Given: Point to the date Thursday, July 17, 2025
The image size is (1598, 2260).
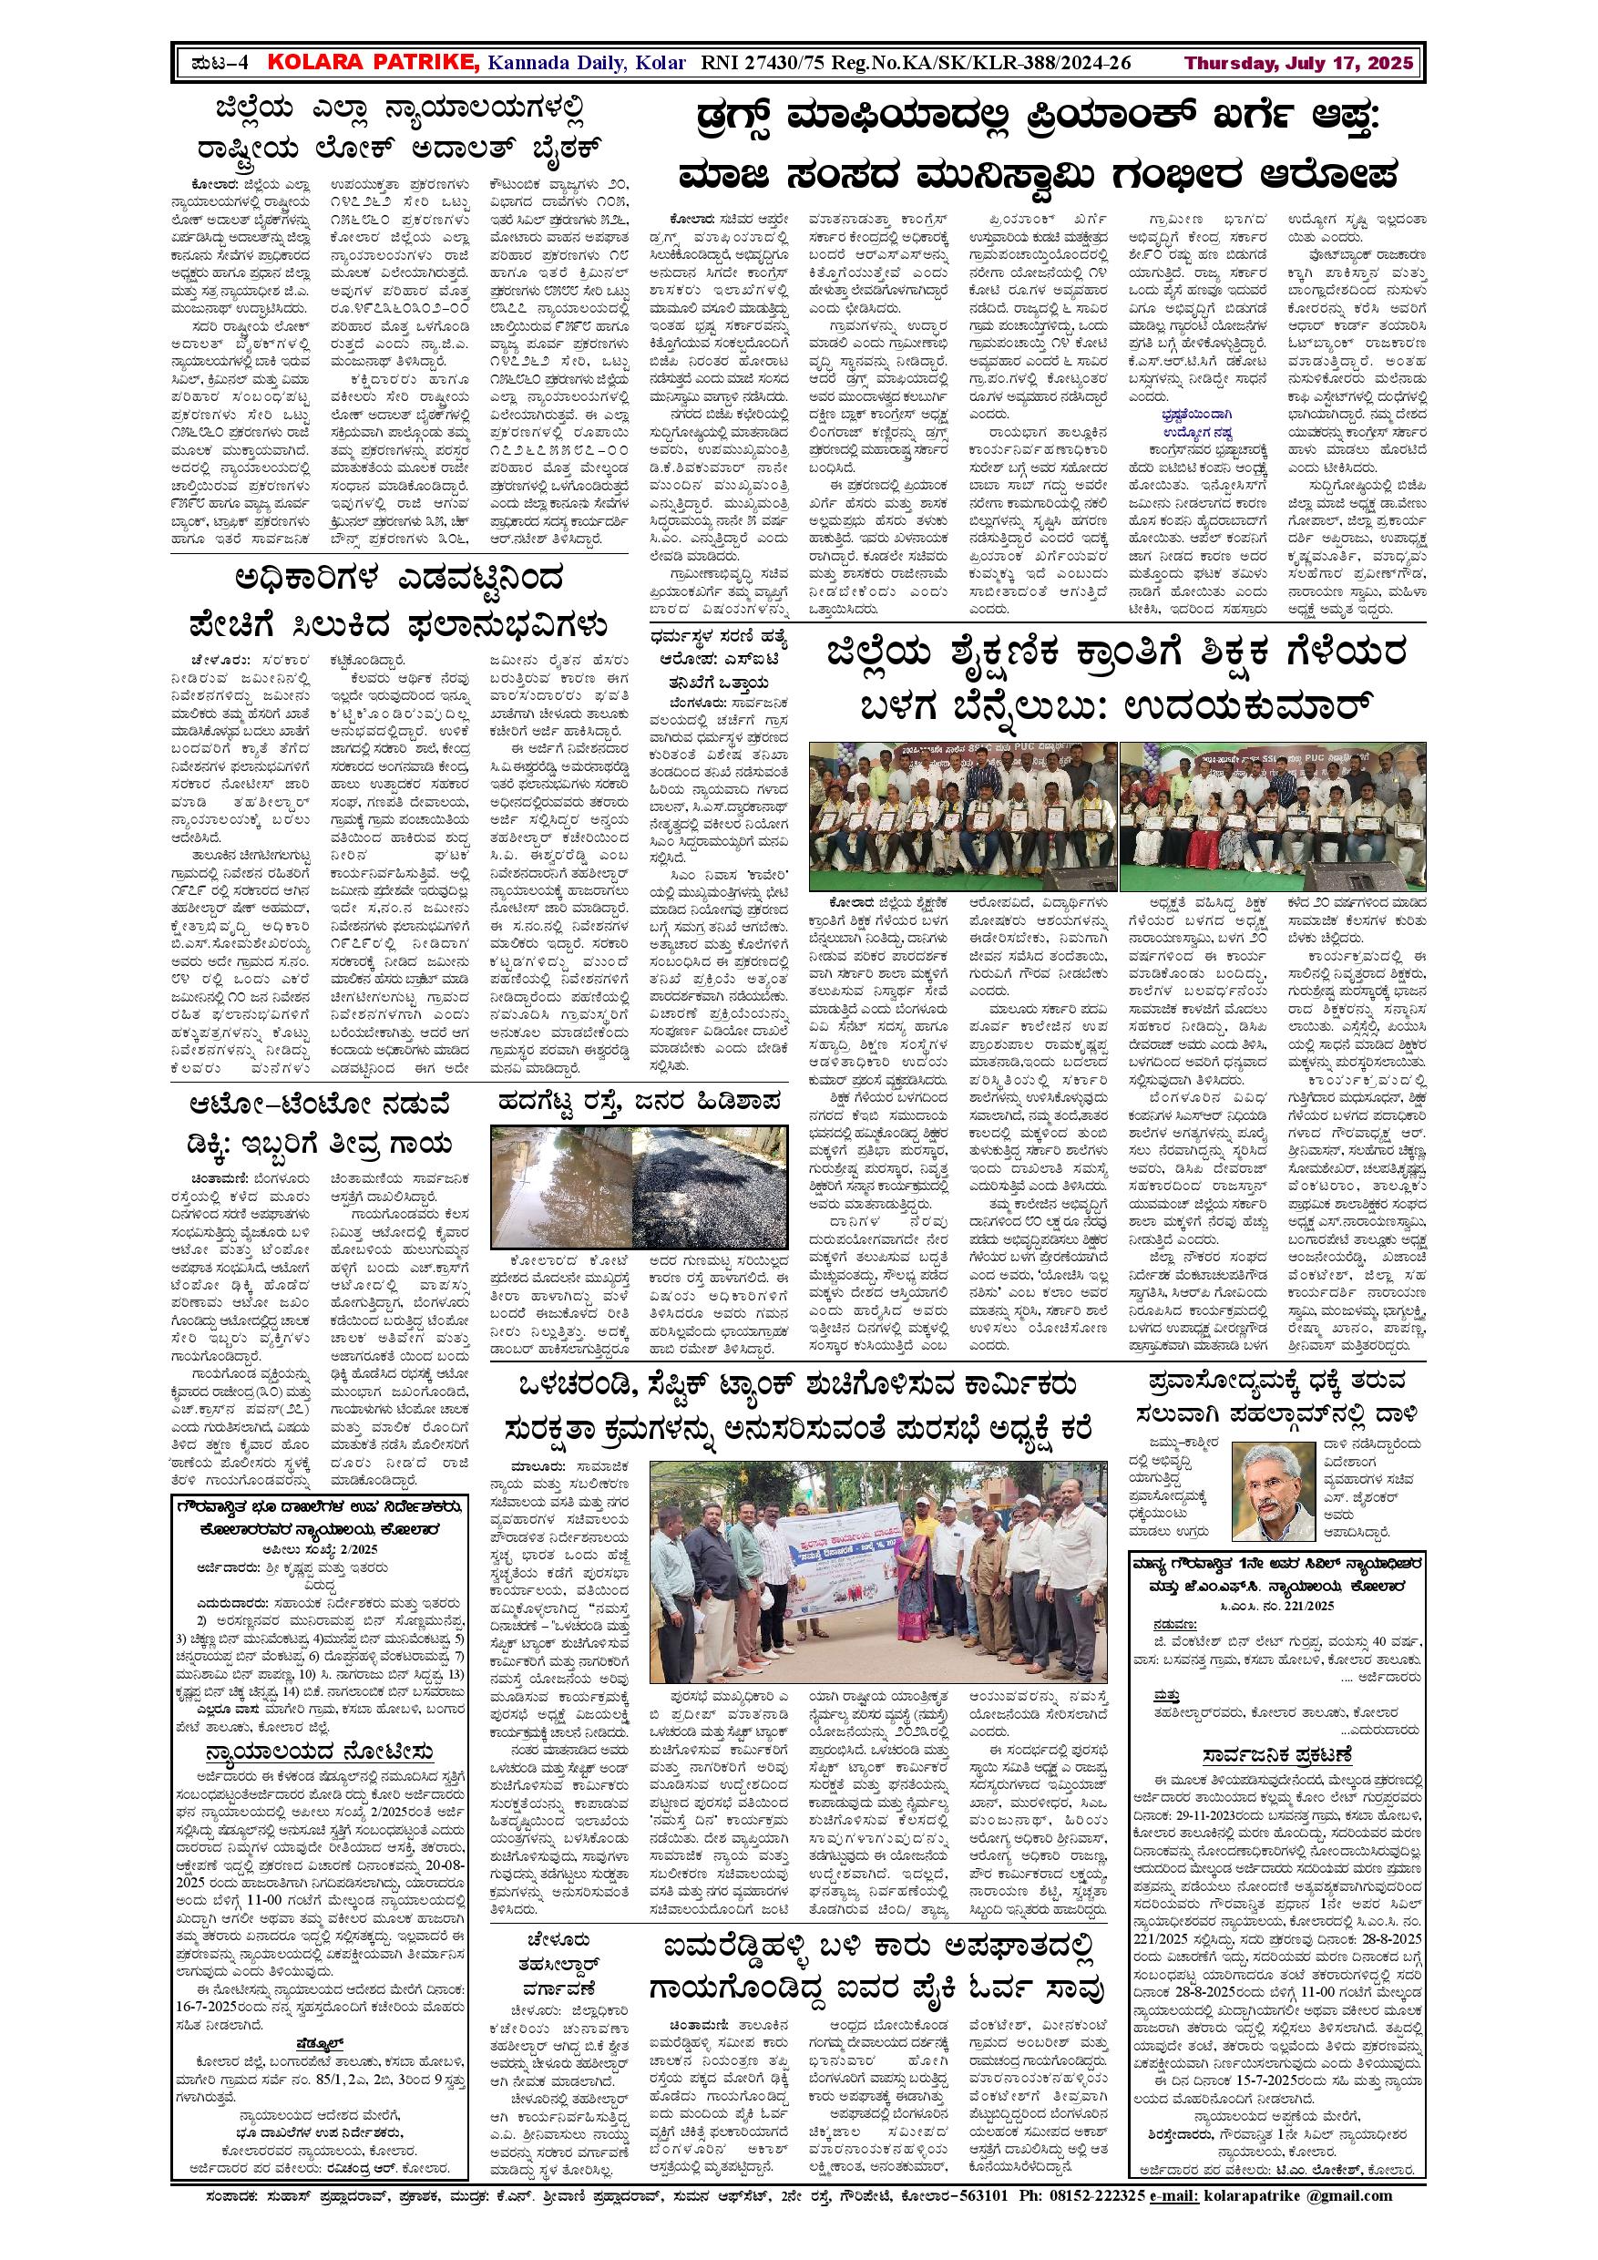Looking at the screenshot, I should (1299, 64).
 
